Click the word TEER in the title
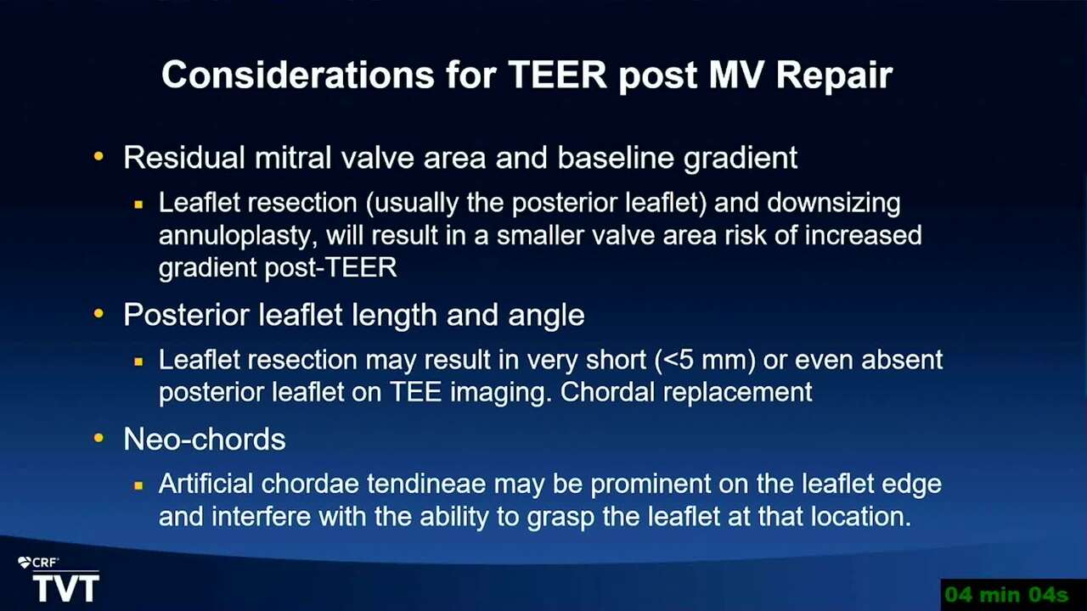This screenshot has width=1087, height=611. tap(558, 75)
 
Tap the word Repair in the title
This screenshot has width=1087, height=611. tap(835, 76)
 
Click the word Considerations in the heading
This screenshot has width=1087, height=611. tap(298, 75)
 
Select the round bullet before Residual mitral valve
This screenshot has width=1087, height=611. tap(99, 156)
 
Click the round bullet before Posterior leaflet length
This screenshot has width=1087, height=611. tap(99, 314)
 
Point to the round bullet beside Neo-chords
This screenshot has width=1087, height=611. tap(99, 439)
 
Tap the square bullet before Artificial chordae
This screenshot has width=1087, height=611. tap(138, 485)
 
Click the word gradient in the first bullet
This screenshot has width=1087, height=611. tap(741, 159)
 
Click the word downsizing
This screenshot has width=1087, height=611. tap(834, 204)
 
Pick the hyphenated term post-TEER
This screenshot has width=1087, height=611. tap(331, 267)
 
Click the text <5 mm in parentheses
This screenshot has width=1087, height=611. tap(705, 360)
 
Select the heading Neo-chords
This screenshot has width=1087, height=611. tap(205, 440)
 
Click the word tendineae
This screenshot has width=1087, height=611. tap(426, 484)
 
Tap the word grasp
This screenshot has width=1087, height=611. tap(560, 518)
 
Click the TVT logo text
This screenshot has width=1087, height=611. tap(66, 589)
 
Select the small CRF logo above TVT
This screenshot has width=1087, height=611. tap(38, 563)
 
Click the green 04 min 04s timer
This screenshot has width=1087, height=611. tap(1006, 595)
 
